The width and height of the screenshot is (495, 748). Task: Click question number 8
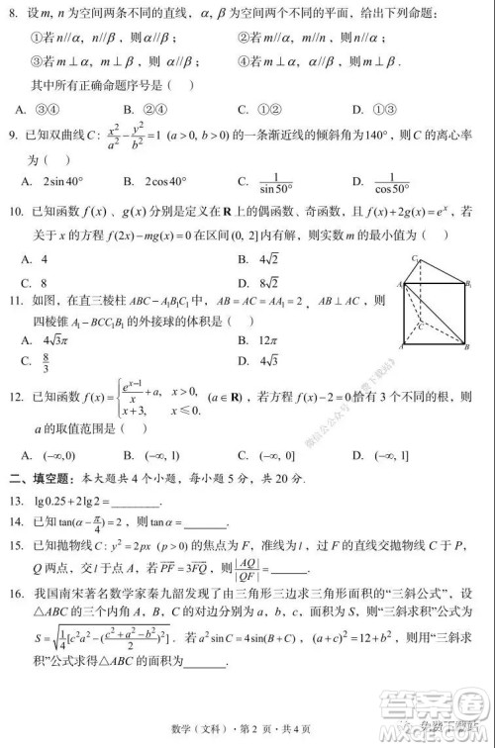12,13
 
